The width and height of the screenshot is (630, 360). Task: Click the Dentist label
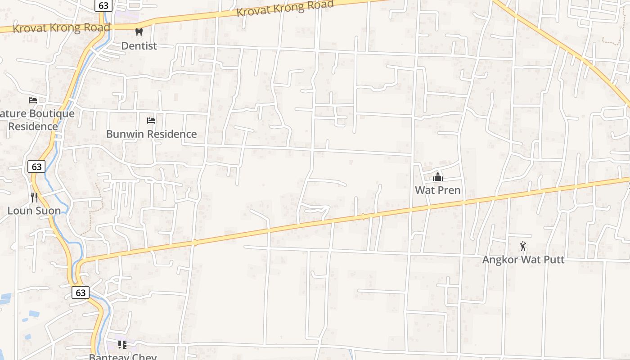coord(139,46)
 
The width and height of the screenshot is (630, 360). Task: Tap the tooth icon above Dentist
coord(139,32)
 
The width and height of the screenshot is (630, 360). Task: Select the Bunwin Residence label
coord(151,134)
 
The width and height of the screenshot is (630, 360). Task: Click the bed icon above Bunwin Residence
coord(151,121)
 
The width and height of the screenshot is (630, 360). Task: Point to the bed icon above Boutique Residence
coord(33,100)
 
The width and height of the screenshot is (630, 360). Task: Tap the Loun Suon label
coord(34,211)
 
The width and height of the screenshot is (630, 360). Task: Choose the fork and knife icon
coord(34,197)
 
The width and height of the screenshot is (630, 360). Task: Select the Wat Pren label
coord(438,190)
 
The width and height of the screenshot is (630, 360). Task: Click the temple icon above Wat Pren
coord(438,177)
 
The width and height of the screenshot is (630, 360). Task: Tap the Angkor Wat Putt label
coord(523,260)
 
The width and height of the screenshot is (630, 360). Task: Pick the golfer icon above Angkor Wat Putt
coord(523,246)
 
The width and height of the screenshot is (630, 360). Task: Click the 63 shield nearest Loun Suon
coord(36,166)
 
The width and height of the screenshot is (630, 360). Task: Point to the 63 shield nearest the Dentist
coord(103,5)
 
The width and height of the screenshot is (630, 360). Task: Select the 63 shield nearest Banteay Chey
coord(81,292)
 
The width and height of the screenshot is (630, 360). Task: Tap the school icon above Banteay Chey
coord(122,345)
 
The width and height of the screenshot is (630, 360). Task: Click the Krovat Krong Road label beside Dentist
coord(61,28)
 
